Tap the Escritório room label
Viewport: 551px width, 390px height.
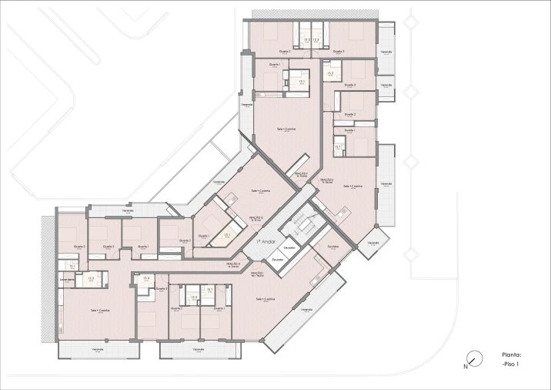[332, 247]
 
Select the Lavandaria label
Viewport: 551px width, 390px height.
[66, 279]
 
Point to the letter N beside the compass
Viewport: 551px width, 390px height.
[465, 367]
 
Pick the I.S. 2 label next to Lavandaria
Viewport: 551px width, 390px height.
[91, 279]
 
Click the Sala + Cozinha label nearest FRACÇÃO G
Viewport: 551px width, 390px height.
[260, 190]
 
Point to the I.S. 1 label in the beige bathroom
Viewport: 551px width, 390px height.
[227, 235]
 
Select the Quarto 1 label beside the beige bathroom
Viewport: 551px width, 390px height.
[203, 236]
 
